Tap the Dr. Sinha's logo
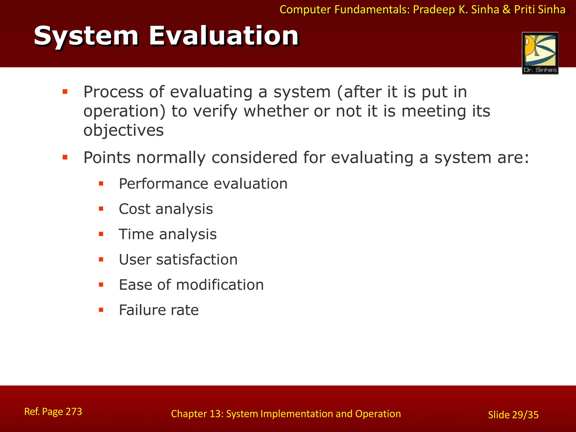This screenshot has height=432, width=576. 540,53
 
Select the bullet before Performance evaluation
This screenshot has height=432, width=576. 101,184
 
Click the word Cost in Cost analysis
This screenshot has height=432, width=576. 134,209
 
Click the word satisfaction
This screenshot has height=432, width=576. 197,260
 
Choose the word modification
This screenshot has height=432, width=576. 220,285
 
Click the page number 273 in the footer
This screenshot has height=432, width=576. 74,411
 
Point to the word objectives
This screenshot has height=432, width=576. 123,130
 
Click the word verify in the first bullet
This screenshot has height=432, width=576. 215,111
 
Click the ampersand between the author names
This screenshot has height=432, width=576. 507,10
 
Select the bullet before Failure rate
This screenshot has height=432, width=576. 101,310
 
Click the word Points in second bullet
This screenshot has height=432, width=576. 107,157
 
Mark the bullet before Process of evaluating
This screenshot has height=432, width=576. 65,92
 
